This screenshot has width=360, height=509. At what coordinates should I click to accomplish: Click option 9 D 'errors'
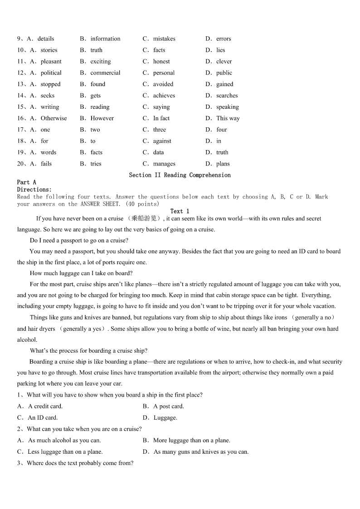coord(224,39)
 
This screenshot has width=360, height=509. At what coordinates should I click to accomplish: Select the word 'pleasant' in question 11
coord(51,62)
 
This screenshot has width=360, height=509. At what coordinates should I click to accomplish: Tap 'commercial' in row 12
coord(105,73)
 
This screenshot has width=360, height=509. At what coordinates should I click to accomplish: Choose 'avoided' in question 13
coord(163,84)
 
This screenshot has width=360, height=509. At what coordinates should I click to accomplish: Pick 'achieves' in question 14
coord(164,96)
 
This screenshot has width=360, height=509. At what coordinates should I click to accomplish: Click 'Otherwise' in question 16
coord(54,118)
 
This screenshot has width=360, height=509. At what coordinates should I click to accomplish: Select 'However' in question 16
coord(102,118)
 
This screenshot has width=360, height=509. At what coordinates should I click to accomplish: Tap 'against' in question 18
coord(162,141)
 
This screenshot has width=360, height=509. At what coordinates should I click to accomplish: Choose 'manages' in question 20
coord(164,164)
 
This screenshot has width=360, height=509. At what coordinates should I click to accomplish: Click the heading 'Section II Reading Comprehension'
coord(180,175)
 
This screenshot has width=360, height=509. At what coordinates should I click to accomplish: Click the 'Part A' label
coord(27,182)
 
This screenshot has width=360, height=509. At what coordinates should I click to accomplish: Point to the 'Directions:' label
coord(34,189)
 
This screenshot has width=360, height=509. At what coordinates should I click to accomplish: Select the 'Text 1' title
coord(180,211)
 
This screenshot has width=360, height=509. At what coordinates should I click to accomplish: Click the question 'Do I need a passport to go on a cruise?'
coord(79,240)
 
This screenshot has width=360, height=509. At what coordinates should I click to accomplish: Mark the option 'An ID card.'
coord(43,417)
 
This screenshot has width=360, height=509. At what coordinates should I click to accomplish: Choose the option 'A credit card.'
coord(45,406)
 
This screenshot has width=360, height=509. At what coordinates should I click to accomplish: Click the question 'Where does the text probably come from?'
coord(80,463)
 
